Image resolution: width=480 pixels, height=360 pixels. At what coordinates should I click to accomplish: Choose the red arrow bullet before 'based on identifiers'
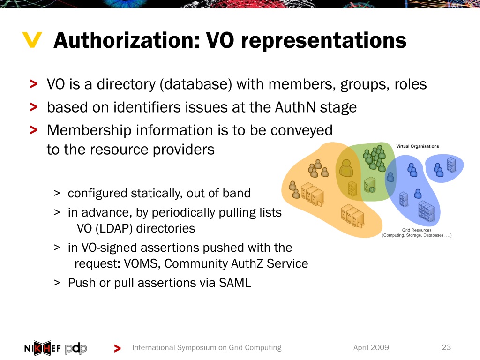(x=33, y=108)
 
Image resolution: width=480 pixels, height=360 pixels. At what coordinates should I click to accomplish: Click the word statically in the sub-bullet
(x=155, y=193)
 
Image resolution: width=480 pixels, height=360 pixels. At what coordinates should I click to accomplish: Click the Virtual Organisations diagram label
(x=418, y=146)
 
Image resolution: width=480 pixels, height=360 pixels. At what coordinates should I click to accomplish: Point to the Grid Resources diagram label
(x=417, y=230)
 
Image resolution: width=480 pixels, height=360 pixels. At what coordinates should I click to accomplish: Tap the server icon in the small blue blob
(x=452, y=165)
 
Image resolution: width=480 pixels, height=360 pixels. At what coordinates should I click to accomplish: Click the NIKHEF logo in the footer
(x=42, y=348)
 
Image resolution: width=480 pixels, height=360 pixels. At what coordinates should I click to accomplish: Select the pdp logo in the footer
(x=76, y=348)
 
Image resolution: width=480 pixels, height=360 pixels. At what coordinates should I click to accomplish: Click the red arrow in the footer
(x=117, y=348)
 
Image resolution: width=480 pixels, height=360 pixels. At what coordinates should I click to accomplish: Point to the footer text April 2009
(x=371, y=347)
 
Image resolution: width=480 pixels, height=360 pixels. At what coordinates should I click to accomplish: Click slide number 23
(x=446, y=347)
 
